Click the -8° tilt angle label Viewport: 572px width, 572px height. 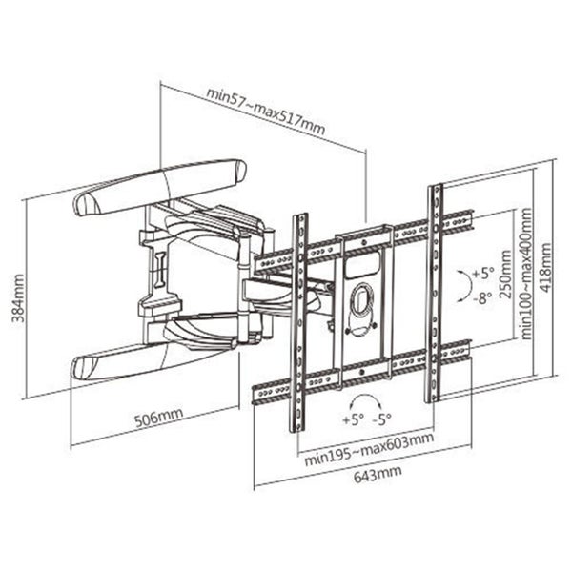click(484, 296)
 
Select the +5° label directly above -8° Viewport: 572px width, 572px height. click(484, 273)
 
